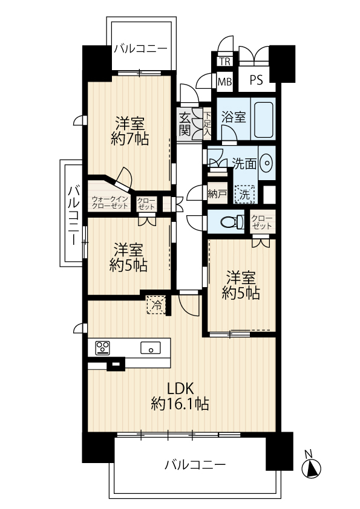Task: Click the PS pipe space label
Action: coord(256,80)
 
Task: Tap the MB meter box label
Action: coord(225,82)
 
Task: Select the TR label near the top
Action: coord(225,61)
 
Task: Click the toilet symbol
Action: coord(232,222)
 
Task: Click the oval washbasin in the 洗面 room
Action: coord(267,163)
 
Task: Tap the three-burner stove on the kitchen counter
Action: coord(102,348)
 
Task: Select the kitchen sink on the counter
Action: coord(151,348)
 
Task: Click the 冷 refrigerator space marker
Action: coord(156,305)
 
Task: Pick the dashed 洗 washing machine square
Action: coord(244,195)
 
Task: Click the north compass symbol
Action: coord(311,465)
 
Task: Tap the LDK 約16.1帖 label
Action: coord(180,397)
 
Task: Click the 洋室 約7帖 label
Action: coord(129,131)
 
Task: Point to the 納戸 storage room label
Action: coord(217,194)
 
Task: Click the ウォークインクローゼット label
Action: coord(110,203)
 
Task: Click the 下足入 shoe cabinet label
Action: coord(208,123)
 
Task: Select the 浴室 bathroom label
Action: coord(234,117)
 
